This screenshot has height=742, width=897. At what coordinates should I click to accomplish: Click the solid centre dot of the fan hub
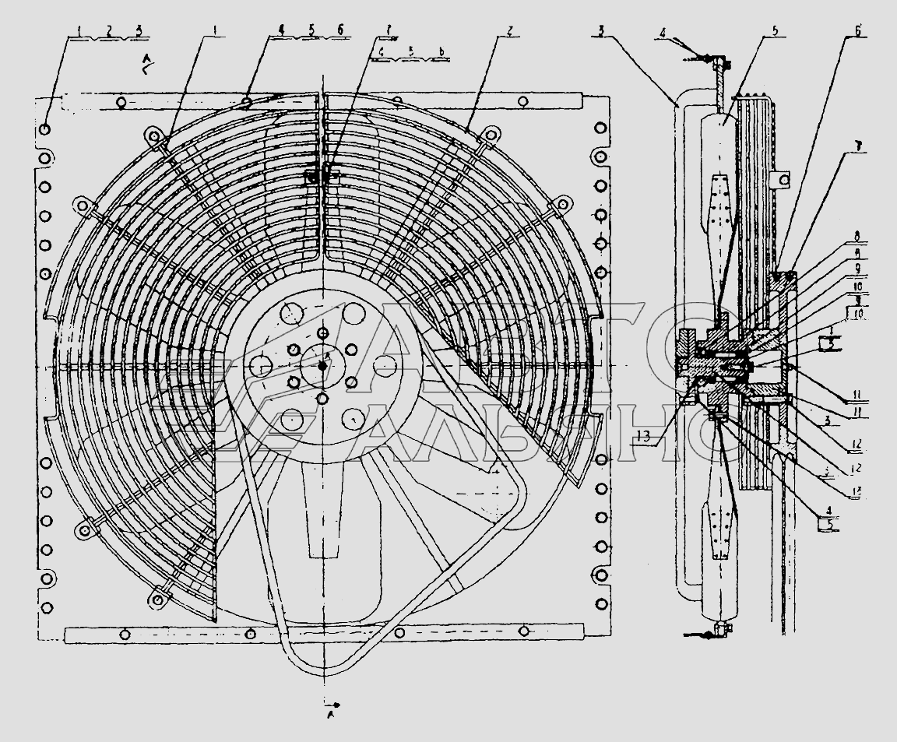point(322,365)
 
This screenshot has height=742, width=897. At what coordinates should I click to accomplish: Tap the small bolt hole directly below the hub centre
point(322,398)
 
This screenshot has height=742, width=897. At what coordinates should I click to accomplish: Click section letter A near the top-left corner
point(146,60)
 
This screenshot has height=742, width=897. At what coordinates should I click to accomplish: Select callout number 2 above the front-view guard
point(508,31)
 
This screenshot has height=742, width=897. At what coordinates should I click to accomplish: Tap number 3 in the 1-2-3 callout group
point(138,31)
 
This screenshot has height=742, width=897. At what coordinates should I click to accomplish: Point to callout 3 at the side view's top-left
point(603,30)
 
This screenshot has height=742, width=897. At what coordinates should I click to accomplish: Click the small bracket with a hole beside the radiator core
point(783,181)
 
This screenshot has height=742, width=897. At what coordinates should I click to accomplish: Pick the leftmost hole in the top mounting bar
point(121,102)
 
